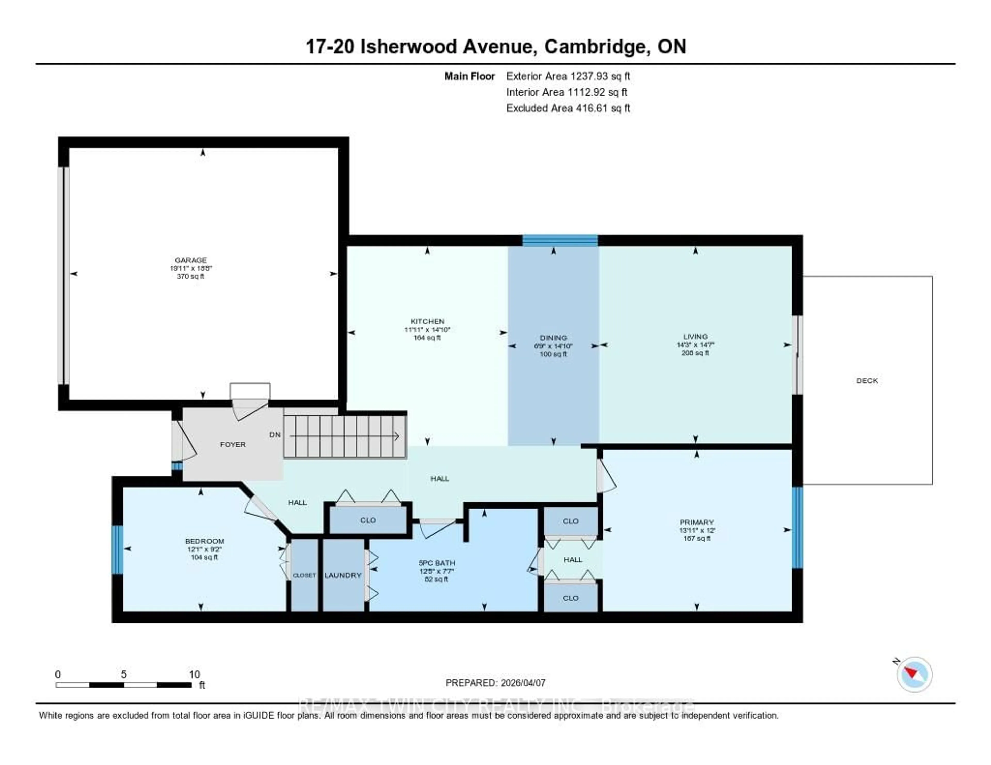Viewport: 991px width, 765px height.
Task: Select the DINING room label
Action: [x=553, y=338]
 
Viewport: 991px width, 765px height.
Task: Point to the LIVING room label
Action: [x=695, y=337]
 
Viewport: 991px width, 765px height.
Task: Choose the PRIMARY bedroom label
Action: [x=697, y=522]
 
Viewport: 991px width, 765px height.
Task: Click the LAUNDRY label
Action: [x=343, y=575]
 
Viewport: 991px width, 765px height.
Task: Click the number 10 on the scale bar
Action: [x=194, y=674]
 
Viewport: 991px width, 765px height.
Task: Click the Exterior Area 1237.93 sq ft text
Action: [x=568, y=76]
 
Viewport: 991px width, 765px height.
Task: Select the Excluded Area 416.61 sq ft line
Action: [x=568, y=108]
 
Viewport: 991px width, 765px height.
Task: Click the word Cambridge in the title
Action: [x=596, y=47]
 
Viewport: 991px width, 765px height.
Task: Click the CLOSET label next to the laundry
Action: [x=304, y=575]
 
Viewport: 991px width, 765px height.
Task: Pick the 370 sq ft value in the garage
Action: [x=190, y=276]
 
